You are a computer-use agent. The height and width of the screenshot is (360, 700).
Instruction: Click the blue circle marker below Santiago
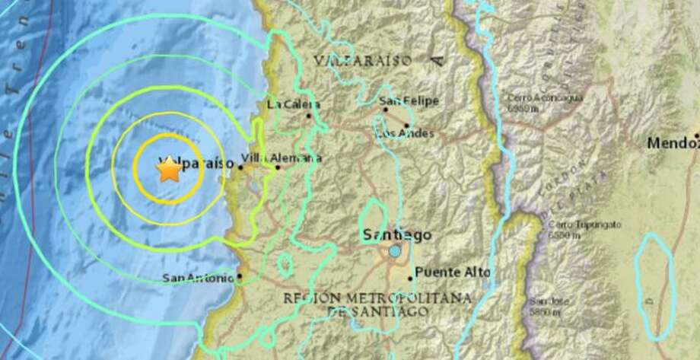tap(394, 250)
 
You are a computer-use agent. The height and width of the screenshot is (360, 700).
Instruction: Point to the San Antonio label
tap(199, 278)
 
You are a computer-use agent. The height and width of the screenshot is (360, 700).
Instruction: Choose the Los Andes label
tap(406, 135)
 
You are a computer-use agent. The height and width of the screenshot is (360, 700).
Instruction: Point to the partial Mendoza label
tap(673, 142)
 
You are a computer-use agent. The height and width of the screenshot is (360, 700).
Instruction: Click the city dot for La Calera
tap(308, 116)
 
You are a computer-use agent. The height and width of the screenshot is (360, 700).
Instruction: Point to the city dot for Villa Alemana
tap(277, 167)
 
